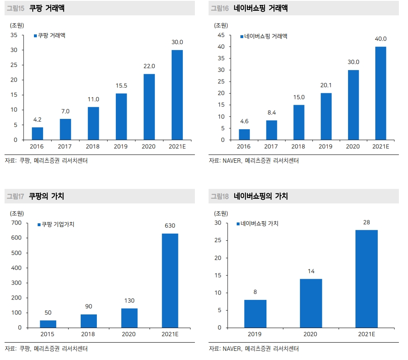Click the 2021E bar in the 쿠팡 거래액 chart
click(x=177, y=94)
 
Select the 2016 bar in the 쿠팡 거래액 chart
click(x=37, y=133)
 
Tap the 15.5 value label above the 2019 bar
click(x=121, y=86)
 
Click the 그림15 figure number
click(x=15, y=8)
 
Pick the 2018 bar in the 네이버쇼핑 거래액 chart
click(x=299, y=122)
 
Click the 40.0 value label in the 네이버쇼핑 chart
click(x=380, y=39)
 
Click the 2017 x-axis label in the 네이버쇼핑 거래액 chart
click(x=271, y=147)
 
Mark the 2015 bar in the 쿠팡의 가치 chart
click(x=48, y=324)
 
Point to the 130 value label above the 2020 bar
click(x=129, y=301)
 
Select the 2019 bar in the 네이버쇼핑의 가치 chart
click(x=255, y=314)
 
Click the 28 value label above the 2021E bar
click(x=366, y=222)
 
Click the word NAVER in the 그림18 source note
click(x=232, y=349)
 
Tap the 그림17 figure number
click(x=15, y=196)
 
